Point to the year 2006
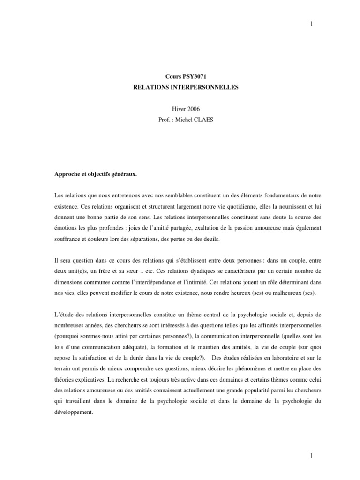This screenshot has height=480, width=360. click(x=187, y=108)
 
